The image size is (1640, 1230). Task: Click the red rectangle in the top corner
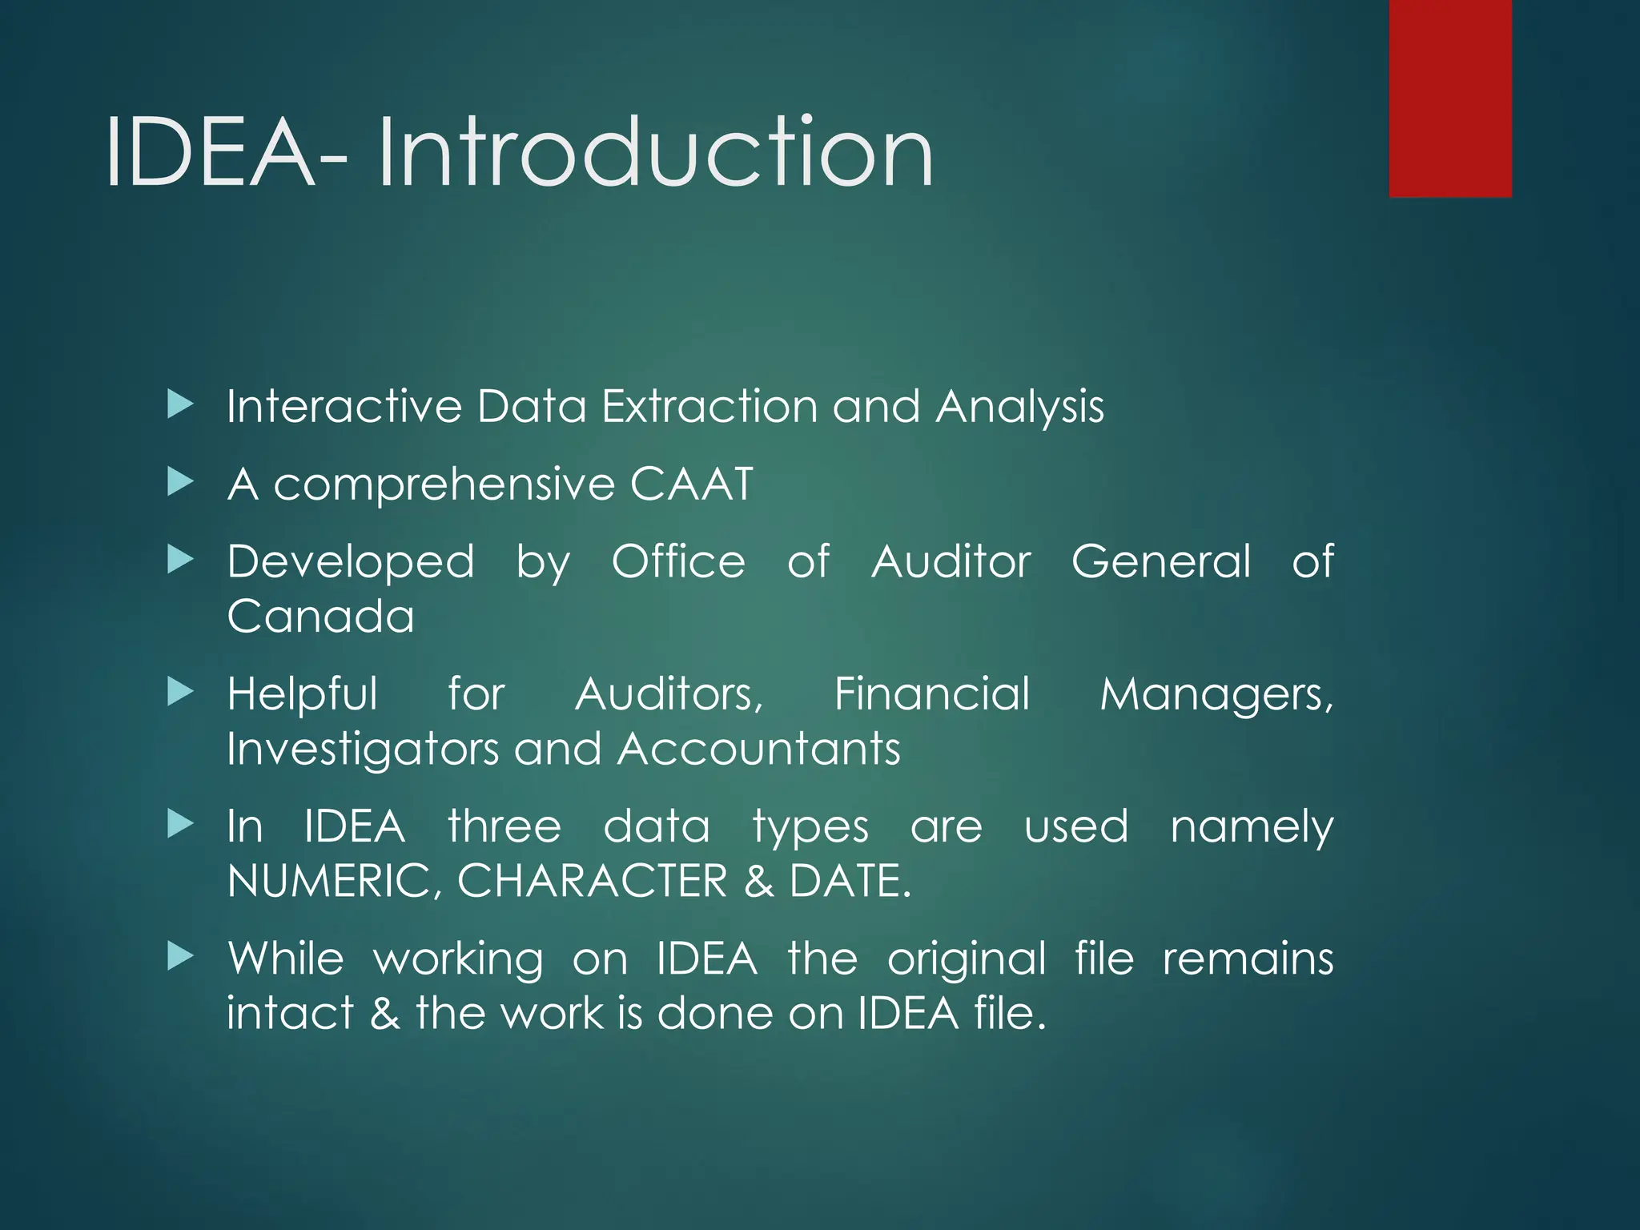1450,98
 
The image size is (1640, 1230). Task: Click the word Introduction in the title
655,152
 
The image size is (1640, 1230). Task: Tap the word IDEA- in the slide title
226,152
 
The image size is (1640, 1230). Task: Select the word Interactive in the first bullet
344,406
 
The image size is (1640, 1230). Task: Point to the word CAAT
692,484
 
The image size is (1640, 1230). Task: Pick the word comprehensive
444,485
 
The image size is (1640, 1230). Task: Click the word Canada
320,617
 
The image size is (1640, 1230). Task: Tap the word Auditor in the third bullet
951,561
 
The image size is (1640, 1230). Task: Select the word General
1161,561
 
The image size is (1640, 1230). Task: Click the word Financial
932,693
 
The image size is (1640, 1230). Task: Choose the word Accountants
759,749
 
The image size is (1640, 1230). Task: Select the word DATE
850,881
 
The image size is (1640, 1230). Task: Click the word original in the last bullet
967,959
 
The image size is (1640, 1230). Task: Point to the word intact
290,1013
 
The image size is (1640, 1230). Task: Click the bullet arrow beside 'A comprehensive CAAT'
181,482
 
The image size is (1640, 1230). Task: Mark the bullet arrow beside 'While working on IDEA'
181,955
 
